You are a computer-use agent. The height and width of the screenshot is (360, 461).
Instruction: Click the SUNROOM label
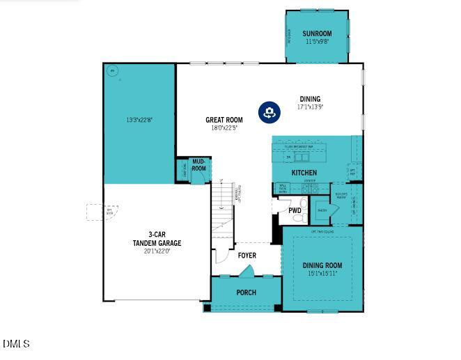[x=317, y=33]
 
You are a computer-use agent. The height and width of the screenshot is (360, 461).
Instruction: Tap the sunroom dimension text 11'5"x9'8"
[x=317, y=42]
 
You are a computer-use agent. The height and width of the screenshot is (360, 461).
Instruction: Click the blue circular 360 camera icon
[x=269, y=112]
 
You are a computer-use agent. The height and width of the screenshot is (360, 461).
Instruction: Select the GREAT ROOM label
[x=224, y=120]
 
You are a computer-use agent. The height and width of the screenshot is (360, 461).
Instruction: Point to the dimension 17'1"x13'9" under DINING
[x=310, y=107]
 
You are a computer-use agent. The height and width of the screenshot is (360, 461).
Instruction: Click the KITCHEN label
[x=304, y=173]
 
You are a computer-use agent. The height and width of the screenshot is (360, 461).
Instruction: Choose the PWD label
[x=295, y=210]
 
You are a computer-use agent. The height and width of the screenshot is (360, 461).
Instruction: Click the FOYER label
[x=247, y=256]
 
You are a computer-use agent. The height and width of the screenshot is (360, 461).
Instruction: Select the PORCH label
[x=246, y=292]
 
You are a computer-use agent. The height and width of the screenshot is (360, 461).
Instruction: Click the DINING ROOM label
[x=322, y=265]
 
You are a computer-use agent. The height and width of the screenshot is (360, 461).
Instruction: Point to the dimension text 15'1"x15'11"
[x=322, y=274]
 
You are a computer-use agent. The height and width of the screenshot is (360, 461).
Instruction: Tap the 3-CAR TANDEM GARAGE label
[x=157, y=239]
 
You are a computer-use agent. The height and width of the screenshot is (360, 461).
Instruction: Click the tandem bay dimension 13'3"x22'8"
[x=139, y=120]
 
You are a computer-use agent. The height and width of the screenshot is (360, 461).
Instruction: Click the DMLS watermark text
[x=16, y=344]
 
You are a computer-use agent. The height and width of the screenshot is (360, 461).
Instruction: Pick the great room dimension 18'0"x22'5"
[x=224, y=128]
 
